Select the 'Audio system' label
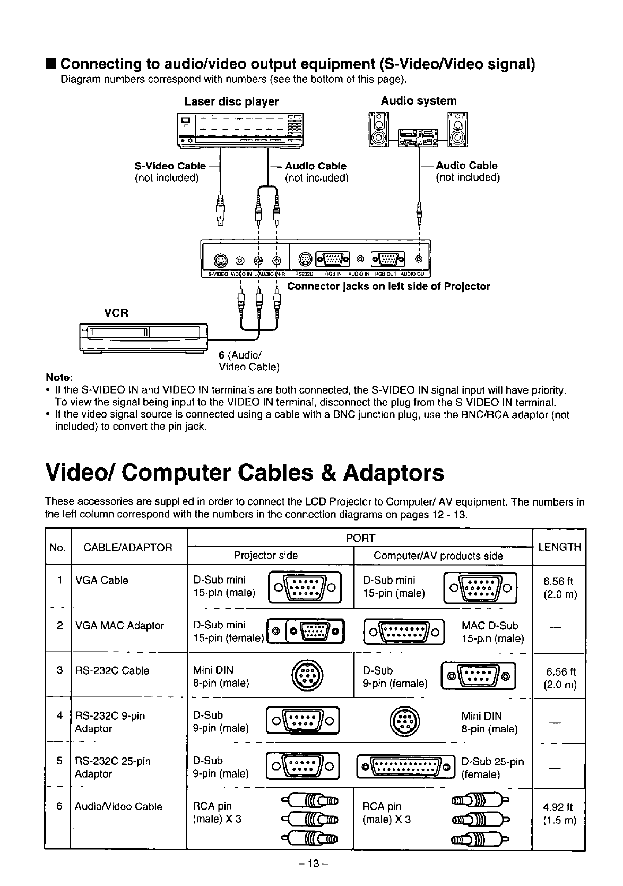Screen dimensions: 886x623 tap(419, 101)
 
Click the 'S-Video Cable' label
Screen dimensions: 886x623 tap(170, 166)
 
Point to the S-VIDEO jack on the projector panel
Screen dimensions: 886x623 tap(220, 260)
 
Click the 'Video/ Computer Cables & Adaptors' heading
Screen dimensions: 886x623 tap(245, 472)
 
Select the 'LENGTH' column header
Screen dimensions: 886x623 tap(559, 547)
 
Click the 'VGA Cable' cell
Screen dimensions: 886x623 tap(102, 581)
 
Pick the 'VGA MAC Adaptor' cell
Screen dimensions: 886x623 tap(120, 626)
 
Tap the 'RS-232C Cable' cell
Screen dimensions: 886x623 tap(112, 670)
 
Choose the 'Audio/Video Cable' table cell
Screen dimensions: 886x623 tap(119, 806)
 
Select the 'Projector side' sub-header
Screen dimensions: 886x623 tap(266, 556)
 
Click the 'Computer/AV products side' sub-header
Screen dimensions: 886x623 tap(438, 556)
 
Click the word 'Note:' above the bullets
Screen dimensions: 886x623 tap(59, 378)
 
